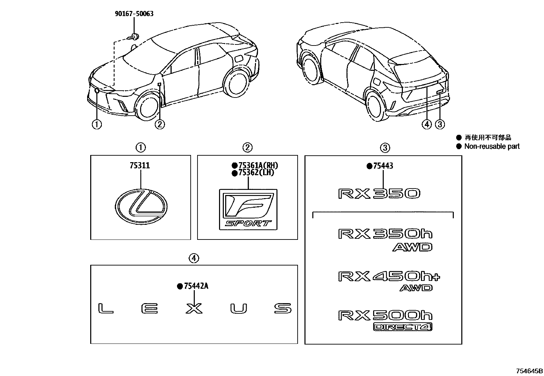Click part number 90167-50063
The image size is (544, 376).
[134, 14]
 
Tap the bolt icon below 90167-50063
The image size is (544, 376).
[134, 36]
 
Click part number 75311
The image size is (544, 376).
[139, 166]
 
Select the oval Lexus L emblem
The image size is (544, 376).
[141, 208]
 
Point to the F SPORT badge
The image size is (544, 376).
[248, 209]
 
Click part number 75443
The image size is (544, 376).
[383, 166]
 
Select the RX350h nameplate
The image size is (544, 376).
[385, 234]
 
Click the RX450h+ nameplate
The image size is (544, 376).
[389, 276]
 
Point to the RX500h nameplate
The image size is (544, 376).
[385, 315]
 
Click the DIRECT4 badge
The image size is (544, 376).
[403, 327]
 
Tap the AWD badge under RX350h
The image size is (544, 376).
[412, 247]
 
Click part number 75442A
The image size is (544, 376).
[195, 286]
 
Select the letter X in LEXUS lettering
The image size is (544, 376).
[194, 309]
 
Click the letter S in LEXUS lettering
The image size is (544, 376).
[283, 309]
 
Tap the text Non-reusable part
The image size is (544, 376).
[492, 146]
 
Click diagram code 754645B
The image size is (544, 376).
[529, 371]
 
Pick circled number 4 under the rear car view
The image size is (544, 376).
[426, 125]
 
